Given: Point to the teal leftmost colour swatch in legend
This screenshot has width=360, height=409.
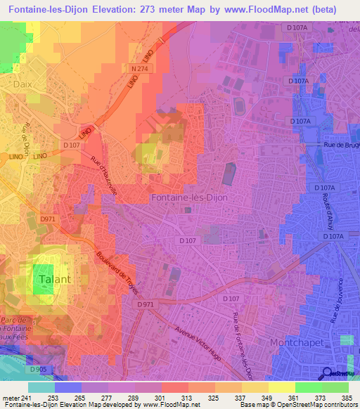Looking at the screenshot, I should (41, 387).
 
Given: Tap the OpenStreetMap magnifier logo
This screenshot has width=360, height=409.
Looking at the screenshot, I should (326, 373).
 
